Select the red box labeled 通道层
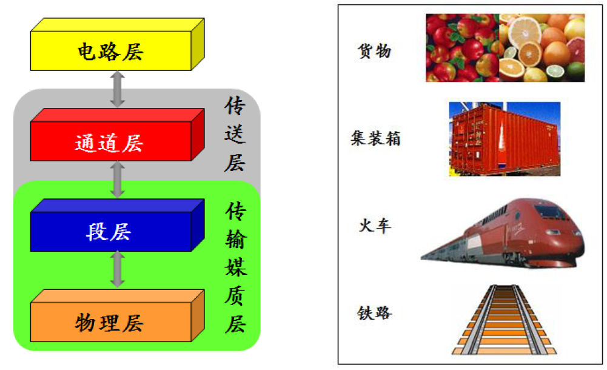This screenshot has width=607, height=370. tap(109, 143)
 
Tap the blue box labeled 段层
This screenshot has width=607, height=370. tap(109, 232)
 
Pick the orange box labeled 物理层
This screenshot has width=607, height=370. tap(110, 321)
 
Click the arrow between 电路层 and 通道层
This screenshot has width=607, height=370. tap(118, 89)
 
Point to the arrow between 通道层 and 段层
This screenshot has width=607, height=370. tap(118, 180)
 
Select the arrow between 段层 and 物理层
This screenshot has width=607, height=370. tap(118, 269)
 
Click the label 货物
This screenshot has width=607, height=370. tap(374, 51)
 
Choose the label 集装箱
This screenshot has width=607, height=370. tap(375, 138)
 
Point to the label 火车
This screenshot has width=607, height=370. tap(374, 226)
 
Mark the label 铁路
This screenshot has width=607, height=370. tap(374, 314)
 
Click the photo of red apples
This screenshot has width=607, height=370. tap(462, 48)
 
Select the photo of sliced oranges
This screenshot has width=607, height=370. tap(542, 48)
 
